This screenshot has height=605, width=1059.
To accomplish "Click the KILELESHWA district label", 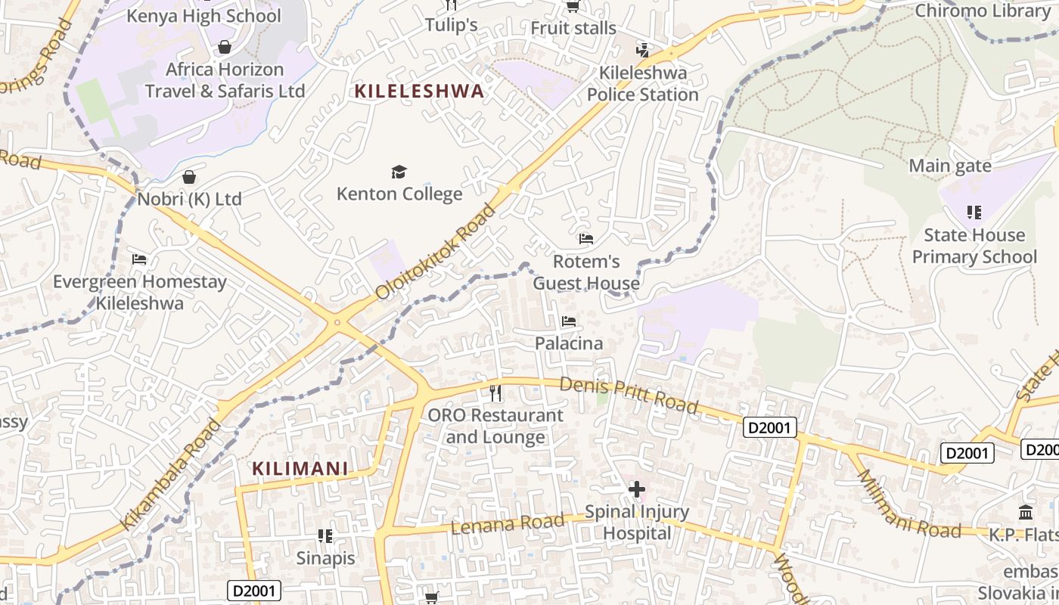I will (419, 92).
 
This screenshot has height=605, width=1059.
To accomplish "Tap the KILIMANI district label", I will (300, 469).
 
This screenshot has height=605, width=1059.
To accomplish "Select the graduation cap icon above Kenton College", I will (399, 172).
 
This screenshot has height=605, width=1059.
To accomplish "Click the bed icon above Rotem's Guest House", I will (585, 239).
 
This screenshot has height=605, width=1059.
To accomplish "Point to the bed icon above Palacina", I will (569, 321).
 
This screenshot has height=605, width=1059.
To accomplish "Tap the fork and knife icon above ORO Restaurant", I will (495, 393).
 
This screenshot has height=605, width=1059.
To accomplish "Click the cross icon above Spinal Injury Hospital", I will (637, 489).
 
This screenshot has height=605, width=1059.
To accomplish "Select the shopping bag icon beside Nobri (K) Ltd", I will (188, 177).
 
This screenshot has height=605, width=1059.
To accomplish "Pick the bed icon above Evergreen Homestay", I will (139, 259).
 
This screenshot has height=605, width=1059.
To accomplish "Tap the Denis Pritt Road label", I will (629, 395).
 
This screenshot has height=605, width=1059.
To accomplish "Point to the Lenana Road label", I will (508, 523).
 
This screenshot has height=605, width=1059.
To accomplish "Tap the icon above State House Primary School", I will (974, 213).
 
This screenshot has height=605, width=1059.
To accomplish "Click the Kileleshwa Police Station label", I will (643, 84).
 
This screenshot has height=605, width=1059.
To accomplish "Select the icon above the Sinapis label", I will (325, 536).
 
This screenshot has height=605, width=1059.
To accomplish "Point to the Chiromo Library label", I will (981, 11).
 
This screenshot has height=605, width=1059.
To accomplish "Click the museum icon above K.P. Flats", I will (1026, 513).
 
